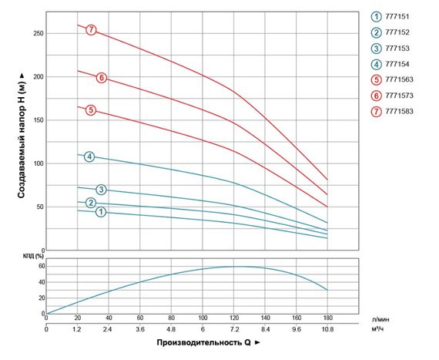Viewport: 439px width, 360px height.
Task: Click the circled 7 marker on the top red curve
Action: coord(92,30)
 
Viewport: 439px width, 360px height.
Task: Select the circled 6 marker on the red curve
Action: coord(102,78)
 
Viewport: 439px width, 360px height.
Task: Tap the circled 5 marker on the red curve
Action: coord(91,110)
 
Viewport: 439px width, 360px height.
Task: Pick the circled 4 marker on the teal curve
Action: coord(89,157)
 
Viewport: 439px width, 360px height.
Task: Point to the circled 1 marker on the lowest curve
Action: coord(100,212)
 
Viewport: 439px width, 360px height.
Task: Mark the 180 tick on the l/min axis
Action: coord(327,317)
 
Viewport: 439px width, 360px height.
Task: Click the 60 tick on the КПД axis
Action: coord(41,266)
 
